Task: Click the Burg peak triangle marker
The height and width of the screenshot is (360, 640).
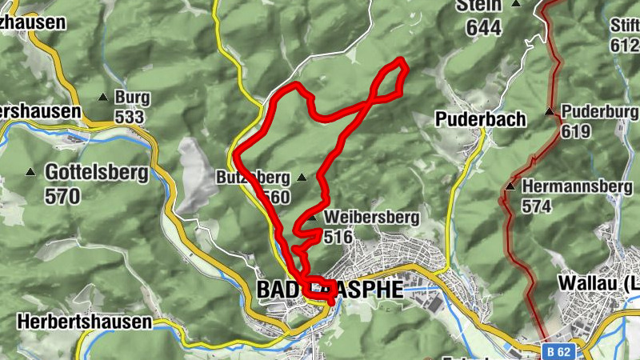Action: [102, 98]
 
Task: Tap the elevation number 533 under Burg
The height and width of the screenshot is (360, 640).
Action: [129, 118]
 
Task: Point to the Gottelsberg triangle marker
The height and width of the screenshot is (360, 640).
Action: [30, 172]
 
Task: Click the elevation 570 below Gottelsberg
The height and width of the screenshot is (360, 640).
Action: [63, 195]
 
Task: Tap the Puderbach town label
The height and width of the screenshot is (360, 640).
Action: [480, 120]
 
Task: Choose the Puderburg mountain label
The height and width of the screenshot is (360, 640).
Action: [599, 111]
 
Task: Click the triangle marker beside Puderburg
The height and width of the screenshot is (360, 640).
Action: [550, 111]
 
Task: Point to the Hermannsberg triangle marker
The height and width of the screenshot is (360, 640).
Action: [510, 186]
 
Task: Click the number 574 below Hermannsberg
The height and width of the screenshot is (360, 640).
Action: [538, 206]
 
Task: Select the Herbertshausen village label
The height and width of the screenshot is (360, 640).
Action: [84, 322]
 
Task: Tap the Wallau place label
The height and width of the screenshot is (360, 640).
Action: [593, 284]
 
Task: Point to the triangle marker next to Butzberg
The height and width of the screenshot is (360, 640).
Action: [302, 177]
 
